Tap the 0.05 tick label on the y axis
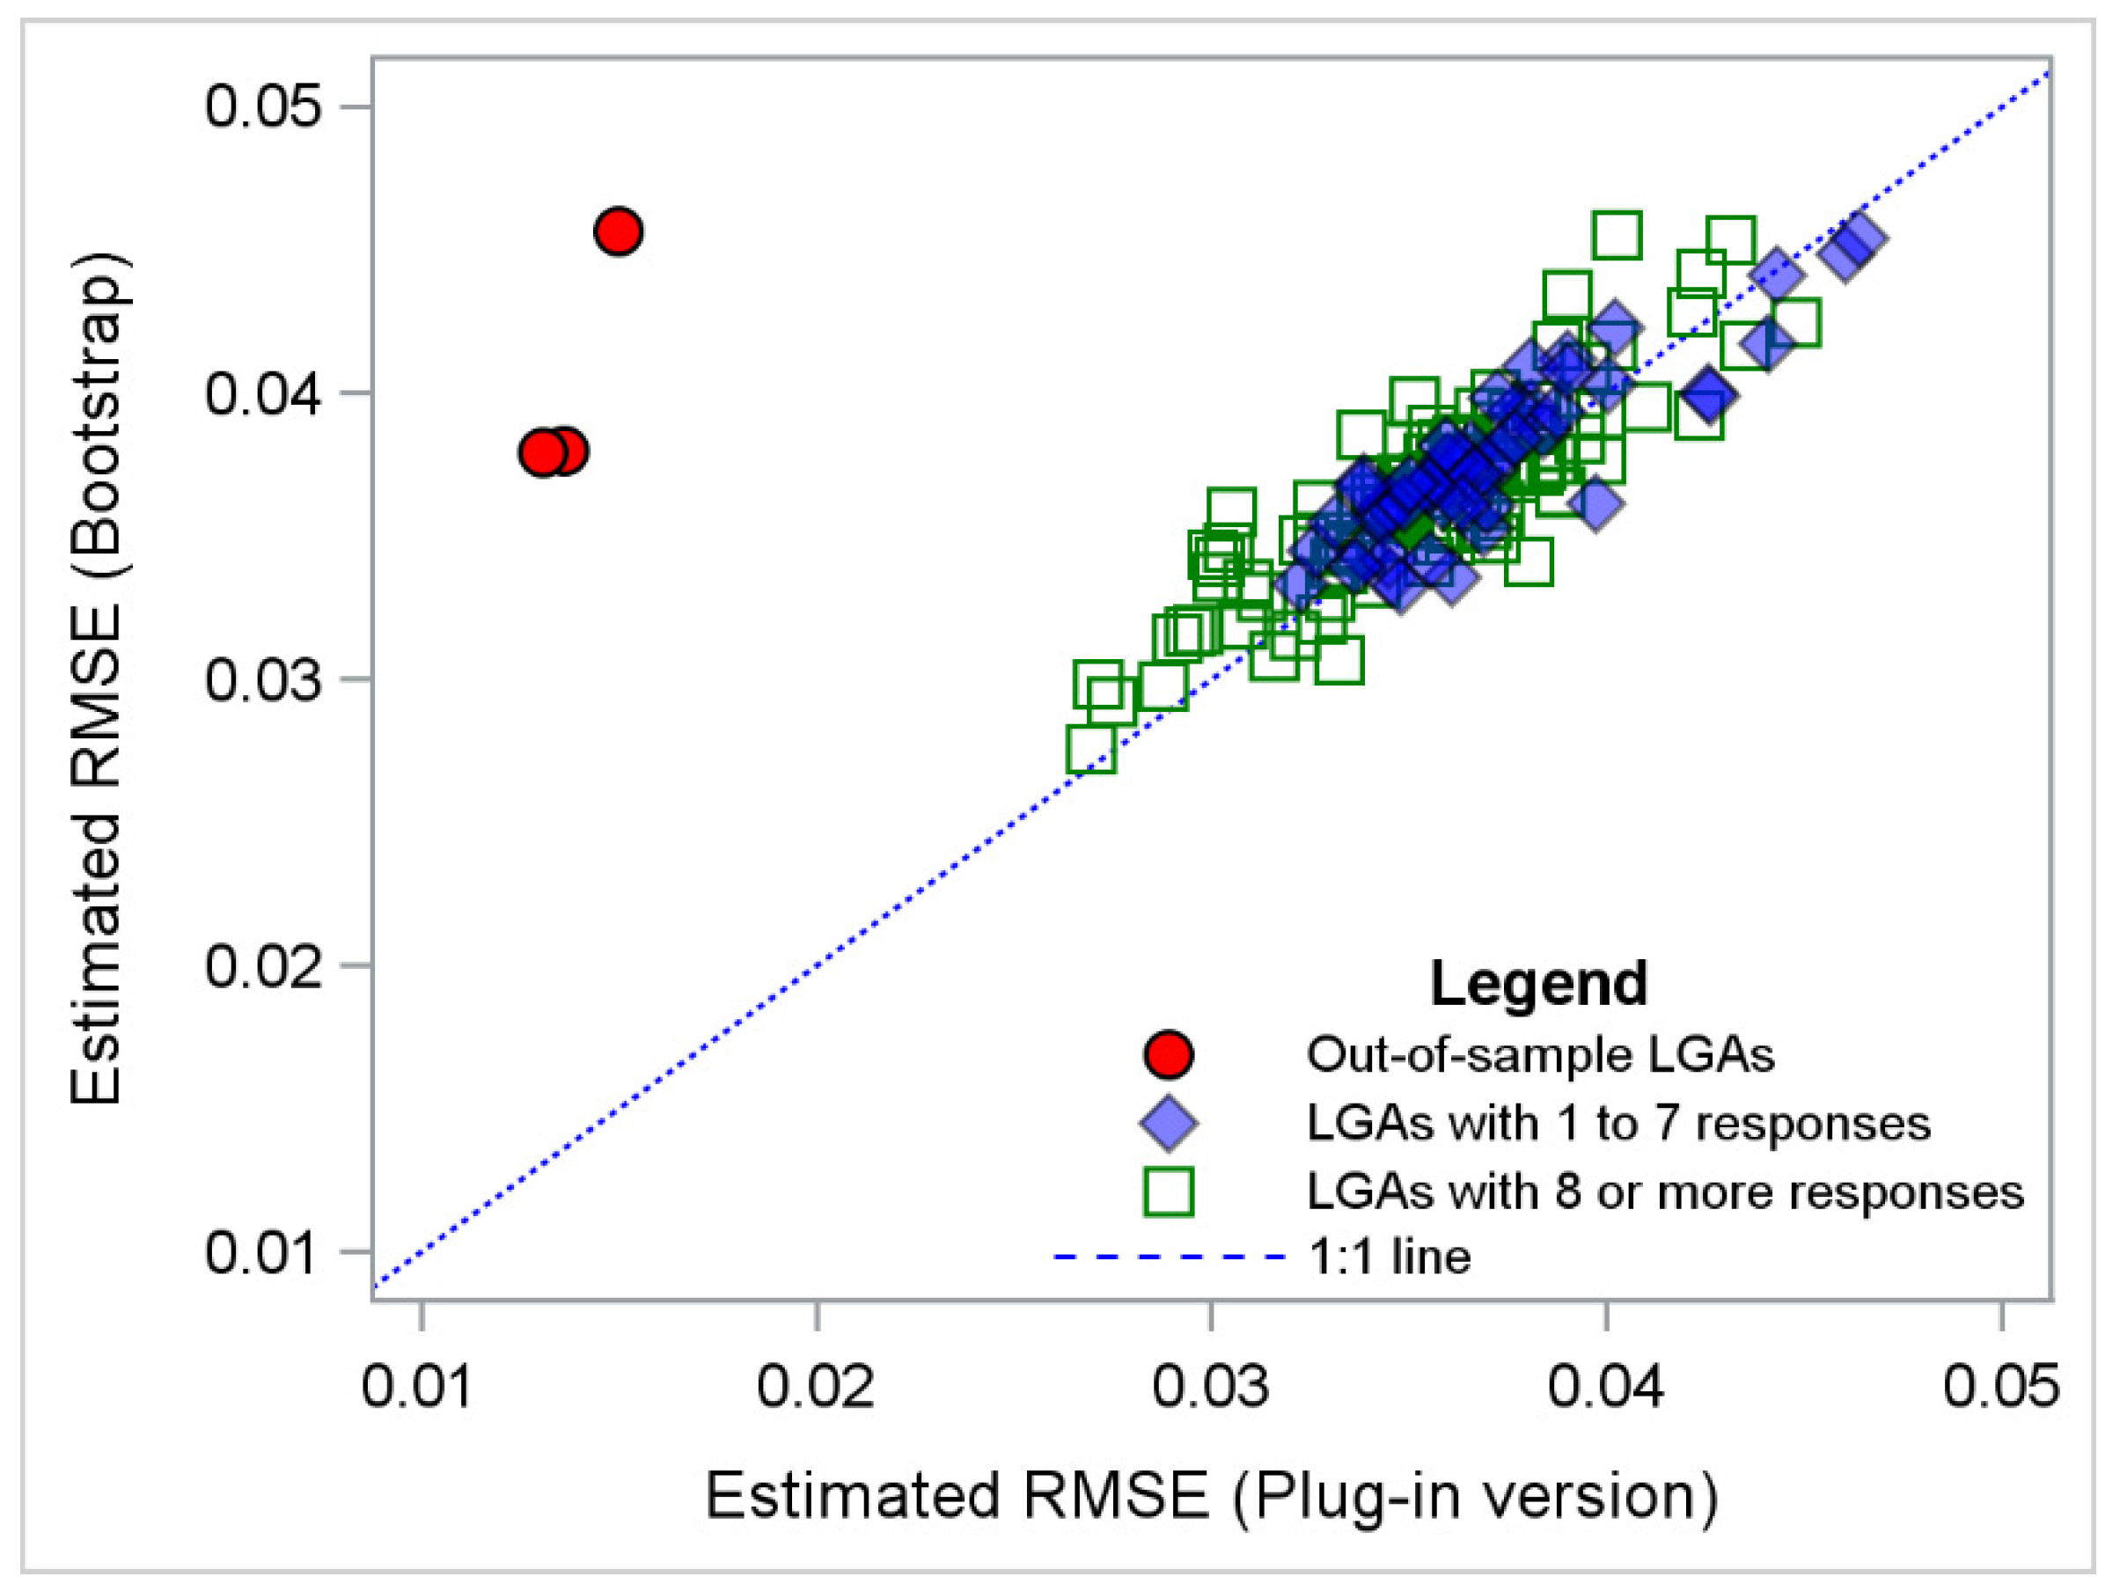261,106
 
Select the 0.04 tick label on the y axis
261,393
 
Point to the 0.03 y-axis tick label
261,679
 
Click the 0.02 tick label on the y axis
261,965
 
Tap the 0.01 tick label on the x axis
418,1387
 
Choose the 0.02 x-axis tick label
815,1387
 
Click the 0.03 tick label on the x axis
1210,1387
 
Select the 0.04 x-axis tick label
1605,1387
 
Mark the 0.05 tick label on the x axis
2000,1387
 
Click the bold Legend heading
1538,983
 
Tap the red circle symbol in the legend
1169,1054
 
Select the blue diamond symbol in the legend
1169,1123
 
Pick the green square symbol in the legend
1169,1192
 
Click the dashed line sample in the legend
1169,1257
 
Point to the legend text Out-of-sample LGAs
1540,1054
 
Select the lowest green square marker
1090,750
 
